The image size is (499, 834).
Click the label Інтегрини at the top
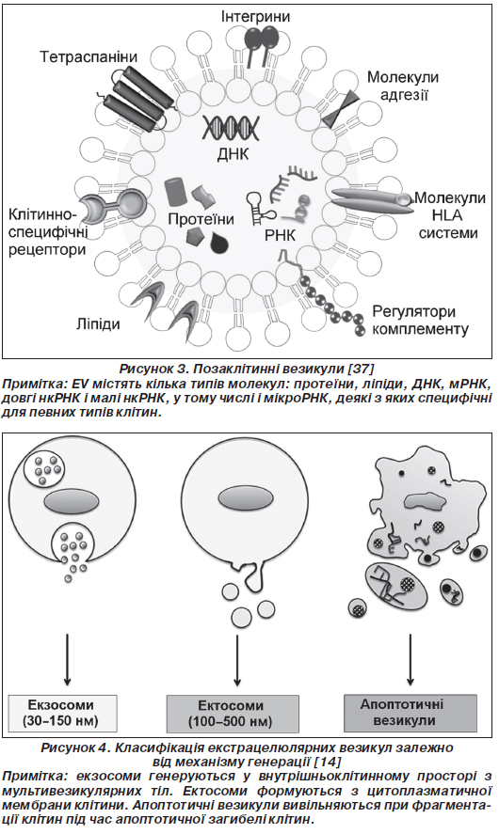click(256, 17)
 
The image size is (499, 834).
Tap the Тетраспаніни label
click(89, 57)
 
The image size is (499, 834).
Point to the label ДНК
click(233, 154)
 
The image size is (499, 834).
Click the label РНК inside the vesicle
click(280, 234)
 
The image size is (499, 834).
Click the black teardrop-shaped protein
click(219, 243)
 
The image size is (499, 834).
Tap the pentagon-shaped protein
click(196, 237)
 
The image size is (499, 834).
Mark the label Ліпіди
click(97, 324)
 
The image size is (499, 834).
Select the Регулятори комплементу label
click(420, 320)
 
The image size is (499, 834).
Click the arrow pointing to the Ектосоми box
click(237, 659)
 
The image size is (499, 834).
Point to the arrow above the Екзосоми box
click(67, 659)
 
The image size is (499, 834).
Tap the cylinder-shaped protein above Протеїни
click(174, 191)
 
